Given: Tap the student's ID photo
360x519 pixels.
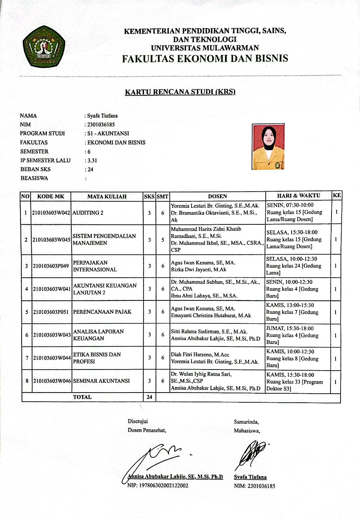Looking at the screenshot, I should click(x=268, y=147).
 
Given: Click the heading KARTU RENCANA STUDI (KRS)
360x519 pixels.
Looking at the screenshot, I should click(x=180, y=92).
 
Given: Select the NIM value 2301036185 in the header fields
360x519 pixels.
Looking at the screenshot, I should click(x=101, y=125).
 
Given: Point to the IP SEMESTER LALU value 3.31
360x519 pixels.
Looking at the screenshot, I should click(x=92, y=161).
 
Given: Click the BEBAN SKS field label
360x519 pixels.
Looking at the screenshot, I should click(x=35, y=169).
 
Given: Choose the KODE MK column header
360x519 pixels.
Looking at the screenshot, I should click(x=50, y=196).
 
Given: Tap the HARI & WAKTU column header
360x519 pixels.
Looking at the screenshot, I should click(x=298, y=196).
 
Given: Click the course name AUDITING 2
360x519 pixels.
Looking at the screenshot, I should click(x=88, y=213).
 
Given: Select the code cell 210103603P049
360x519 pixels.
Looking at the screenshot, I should click(x=51, y=266).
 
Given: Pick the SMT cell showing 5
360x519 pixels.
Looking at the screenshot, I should click(x=163, y=240).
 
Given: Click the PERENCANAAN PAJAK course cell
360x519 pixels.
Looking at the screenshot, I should click(x=102, y=312).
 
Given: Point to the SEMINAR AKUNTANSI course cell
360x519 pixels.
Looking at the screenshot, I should click(x=101, y=381).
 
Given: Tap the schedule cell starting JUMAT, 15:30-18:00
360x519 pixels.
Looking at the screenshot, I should click(x=292, y=335).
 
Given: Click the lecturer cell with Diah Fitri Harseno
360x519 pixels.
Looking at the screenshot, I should click(x=215, y=358).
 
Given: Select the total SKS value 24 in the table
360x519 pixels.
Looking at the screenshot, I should click(x=149, y=397).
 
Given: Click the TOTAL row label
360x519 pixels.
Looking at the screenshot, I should click(x=82, y=397).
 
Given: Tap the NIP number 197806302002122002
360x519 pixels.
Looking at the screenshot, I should click(x=158, y=486).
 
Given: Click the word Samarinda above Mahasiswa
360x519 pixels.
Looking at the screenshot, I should click(x=246, y=422).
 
